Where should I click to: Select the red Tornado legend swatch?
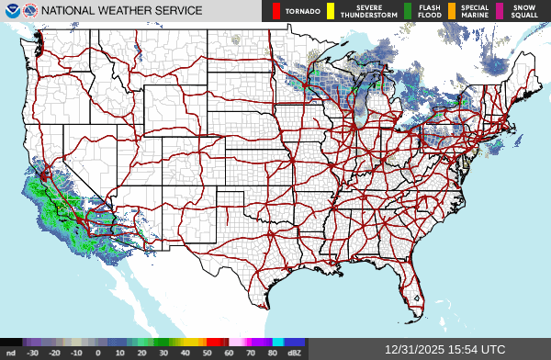(x=275, y=11)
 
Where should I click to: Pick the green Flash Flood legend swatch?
(x=407, y=11)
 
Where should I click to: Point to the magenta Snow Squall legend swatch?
(x=500, y=11)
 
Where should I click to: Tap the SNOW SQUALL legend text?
(x=523, y=11)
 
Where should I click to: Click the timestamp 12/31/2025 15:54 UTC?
(x=444, y=350)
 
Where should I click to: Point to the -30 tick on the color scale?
(x=33, y=353)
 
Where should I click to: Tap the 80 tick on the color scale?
(x=274, y=353)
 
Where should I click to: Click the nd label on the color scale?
(x=11, y=353)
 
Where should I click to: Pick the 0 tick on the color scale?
(x=97, y=353)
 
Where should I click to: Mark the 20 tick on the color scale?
(x=141, y=353)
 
